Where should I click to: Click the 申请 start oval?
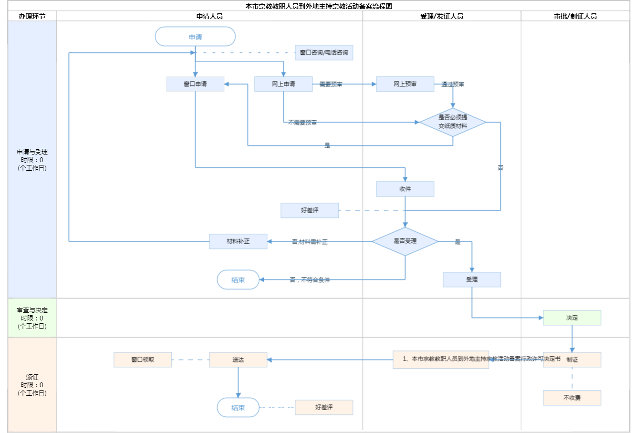tap(195, 37)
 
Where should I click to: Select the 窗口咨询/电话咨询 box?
tap(324, 52)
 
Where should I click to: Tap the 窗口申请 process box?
tap(195, 84)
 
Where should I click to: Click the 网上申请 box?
tap(283, 84)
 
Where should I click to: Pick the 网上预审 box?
tap(405, 84)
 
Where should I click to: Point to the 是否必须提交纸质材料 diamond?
tap(453, 122)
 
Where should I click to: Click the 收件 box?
tap(405, 189)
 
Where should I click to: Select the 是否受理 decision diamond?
tap(405, 241)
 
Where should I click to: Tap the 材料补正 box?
tap(238, 241)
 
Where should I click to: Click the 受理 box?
tap(472, 279)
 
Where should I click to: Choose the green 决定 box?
tap(572, 318)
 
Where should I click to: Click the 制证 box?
tap(572, 360)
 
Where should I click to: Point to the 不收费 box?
tap(572, 398)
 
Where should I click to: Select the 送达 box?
tap(238, 360)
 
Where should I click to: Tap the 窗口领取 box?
tap(143, 360)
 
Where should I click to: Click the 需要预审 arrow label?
tap(331, 84)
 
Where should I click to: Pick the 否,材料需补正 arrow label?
tap(310, 242)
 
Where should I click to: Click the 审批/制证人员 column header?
tap(575, 16)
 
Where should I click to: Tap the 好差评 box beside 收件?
tap(310, 210)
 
